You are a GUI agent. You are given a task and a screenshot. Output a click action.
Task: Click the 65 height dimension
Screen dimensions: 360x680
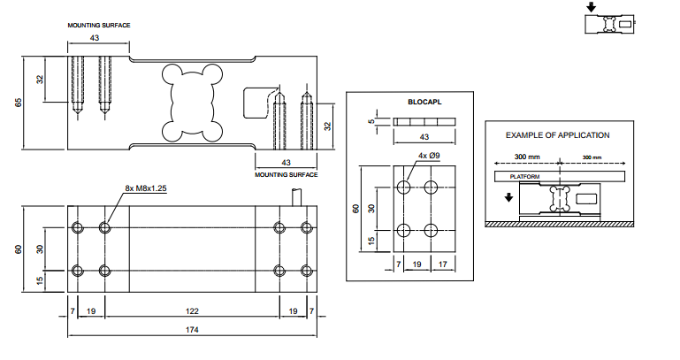(19, 103)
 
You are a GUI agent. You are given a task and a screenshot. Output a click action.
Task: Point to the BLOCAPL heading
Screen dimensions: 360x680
(424, 102)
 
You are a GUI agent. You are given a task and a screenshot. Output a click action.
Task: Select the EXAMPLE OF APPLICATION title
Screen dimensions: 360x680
(557, 135)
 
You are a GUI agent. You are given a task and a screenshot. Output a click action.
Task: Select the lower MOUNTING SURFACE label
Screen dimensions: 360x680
(286, 174)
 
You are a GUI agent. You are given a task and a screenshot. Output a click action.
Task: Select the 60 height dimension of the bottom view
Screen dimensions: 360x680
(19, 249)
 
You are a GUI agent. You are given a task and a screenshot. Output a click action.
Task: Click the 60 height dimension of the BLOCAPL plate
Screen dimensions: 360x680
(355, 208)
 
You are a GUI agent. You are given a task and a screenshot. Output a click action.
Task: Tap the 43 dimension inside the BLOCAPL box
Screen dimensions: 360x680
(424, 137)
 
